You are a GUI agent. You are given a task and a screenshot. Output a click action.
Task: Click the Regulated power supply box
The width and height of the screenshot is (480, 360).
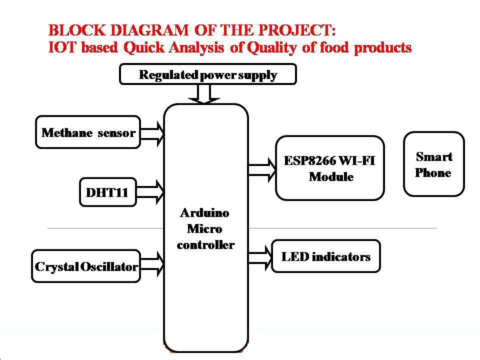208,74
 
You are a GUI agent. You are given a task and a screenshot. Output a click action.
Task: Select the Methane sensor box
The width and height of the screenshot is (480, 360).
88,132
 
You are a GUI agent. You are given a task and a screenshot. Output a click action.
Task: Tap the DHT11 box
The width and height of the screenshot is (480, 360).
108,192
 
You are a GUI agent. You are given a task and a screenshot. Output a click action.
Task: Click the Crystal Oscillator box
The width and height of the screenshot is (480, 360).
86,266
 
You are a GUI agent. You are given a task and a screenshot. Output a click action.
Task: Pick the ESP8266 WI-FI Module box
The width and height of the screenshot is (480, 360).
329,168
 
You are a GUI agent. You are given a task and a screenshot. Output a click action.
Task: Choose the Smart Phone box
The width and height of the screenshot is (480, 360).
434,164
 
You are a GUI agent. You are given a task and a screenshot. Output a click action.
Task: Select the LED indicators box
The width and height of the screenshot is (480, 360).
325,256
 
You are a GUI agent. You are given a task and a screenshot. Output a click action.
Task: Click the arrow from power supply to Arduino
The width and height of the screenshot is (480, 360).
204,94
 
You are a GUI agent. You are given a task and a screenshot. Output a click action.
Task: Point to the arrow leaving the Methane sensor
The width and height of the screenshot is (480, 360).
152,134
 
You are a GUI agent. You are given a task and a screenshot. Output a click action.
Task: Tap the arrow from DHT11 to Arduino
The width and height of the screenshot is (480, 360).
150,192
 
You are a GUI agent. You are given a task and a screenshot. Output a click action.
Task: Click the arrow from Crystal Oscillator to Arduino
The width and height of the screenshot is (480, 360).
152,264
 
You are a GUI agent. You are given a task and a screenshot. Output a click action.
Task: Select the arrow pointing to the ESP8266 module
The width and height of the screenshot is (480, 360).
262,170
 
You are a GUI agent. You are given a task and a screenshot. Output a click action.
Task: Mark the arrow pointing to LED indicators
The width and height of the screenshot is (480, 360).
260,258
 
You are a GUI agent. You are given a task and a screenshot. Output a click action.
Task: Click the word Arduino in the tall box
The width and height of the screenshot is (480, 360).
204,213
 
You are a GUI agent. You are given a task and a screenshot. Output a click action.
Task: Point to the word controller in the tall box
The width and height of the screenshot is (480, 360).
205,244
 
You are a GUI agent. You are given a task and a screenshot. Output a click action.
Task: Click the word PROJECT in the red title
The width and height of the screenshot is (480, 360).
295,30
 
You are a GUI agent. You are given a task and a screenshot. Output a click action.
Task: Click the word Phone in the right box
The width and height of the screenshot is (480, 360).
433,172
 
